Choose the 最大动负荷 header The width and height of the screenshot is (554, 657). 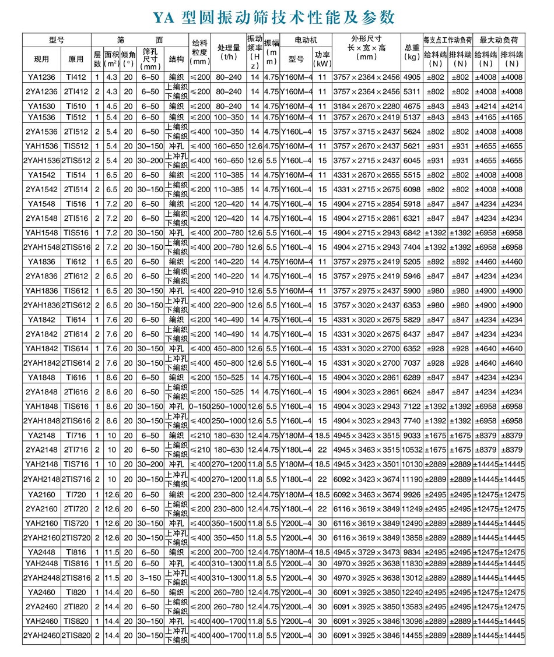[x=498, y=40]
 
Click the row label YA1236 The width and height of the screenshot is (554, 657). [x=41, y=77]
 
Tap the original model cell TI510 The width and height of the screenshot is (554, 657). [x=76, y=105]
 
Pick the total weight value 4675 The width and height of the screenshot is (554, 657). [x=412, y=105]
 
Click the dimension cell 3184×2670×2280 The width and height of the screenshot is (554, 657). [x=366, y=105]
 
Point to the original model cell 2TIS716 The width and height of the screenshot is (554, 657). [x=76, y=479]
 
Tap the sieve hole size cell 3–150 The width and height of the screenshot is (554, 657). [x=150, y=577]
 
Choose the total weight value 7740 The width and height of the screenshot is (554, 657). [x=412, y=420]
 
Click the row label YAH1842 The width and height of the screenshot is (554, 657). [x=41, y=348]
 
